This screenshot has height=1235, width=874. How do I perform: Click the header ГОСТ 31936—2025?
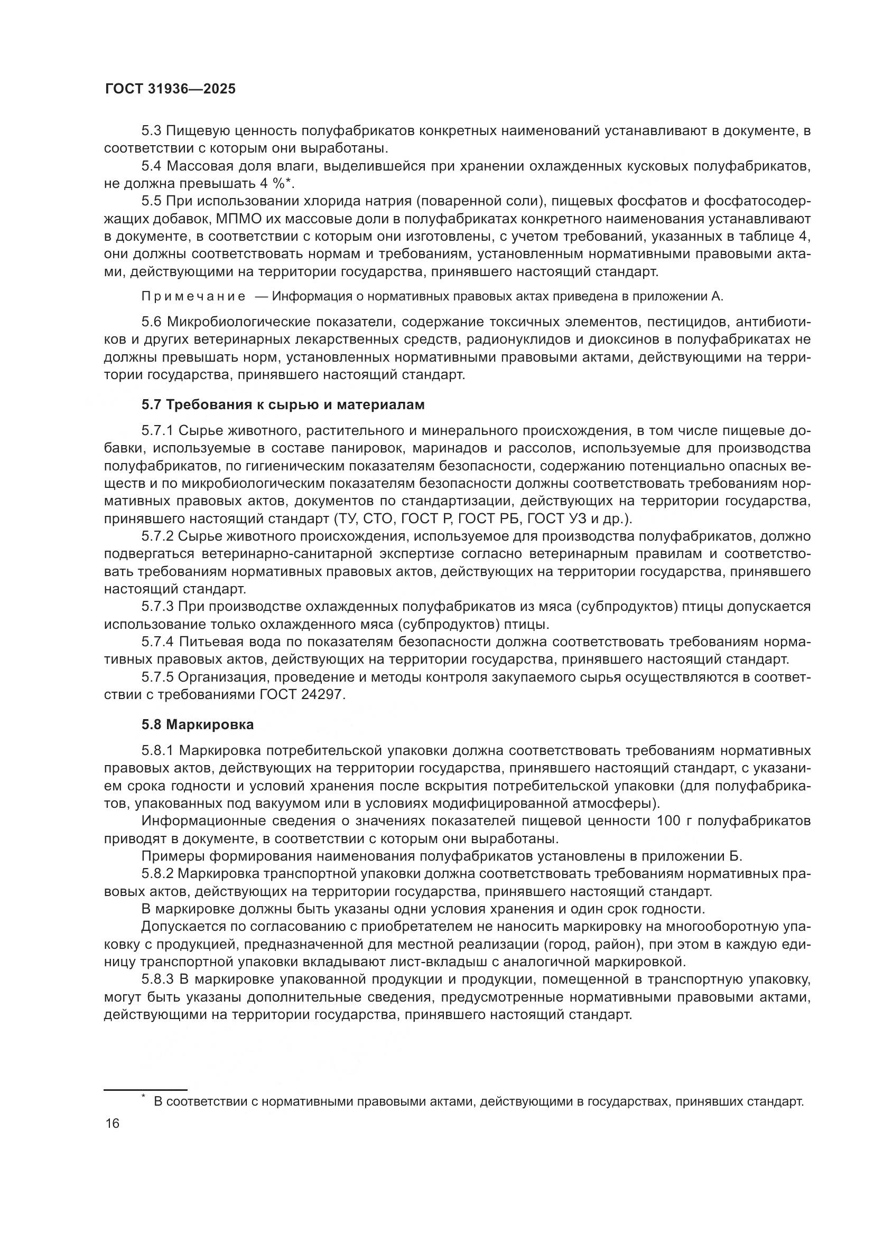(x=170, y=89)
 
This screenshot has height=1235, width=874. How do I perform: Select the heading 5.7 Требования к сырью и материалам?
(x=283, y=404)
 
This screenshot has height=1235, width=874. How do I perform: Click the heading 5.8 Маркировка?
(x=198, y=724)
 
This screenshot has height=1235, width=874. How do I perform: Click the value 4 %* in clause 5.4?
(x=275, y=183)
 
